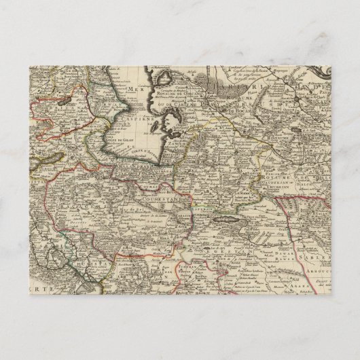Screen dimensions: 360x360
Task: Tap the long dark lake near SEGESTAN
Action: tap(223, 220)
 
